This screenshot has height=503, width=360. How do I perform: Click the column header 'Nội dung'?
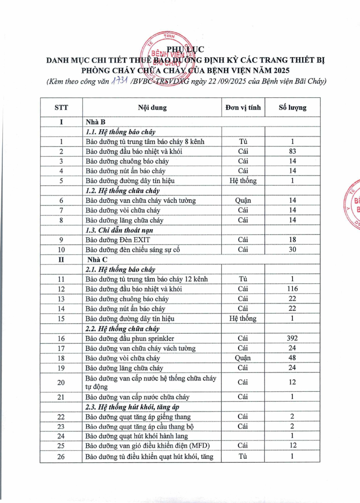pyautogui.click(x=152, y=108)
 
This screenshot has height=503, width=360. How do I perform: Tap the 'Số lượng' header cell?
pyautogui.click(x=292, y=108)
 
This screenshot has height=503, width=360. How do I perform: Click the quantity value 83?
pyautogui.click(x=292, y=151)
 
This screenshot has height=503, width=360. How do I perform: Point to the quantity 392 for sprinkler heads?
pyautogui.click(x=292, y=338)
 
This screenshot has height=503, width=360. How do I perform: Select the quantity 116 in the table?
pyautogui.click(x=292, y=289)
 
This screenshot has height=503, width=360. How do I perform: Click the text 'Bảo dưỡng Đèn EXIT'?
pyautogui.click(x=118, y=240)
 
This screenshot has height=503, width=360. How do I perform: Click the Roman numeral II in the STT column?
pyautogui.click(x=61, y=259)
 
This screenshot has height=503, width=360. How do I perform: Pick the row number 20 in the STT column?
pyautogui.click(x=61, y=382)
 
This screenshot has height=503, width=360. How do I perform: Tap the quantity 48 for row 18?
pyautogui.click(x=292, y=358)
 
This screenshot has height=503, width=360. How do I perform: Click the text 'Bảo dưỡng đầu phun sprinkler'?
pyautogui.click(x=130, y=338)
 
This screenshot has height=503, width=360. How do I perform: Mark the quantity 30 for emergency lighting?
pyautogui.click(x=292, y=249)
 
